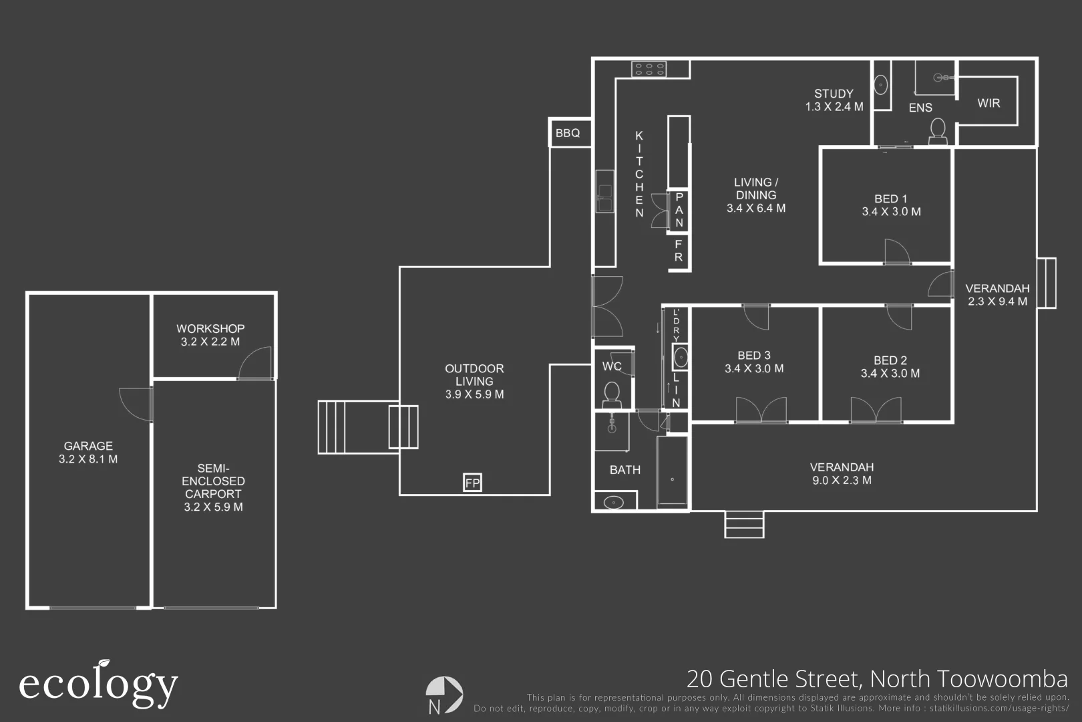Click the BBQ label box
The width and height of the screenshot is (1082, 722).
[568, 133]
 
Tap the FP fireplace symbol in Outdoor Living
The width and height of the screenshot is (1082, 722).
[472, 482]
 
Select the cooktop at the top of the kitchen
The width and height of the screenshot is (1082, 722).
[649, 69]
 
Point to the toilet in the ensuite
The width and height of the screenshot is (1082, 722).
[938, 130]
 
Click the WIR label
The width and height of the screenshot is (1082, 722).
[988, 103]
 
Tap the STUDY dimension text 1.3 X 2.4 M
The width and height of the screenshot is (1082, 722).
[834, 107]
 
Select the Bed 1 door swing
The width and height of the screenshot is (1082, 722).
[897, 252]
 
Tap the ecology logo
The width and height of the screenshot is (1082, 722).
[98, 684]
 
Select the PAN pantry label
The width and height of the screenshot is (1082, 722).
[679, 210]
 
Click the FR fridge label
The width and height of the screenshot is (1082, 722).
[679, 251]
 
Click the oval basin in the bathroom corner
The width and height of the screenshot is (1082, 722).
[614, 502]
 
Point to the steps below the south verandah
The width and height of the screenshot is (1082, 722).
[744, 524]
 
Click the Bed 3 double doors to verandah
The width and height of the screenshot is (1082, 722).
[761, 410]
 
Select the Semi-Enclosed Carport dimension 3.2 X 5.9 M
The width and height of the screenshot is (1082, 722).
[213, 507]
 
